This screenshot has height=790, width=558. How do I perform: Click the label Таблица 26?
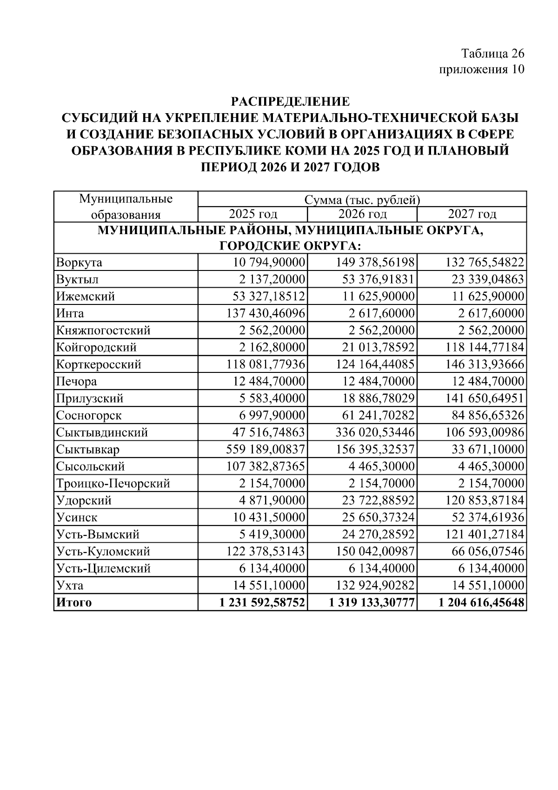pos(493,53)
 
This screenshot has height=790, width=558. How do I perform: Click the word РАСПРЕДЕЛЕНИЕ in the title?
pos(290,101)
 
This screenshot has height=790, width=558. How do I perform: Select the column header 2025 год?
pos(252,214)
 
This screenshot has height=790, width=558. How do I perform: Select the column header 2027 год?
pos(472,214)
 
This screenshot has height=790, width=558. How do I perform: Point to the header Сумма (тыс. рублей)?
pos(362,200)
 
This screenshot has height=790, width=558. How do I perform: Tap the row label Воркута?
pos(79,263)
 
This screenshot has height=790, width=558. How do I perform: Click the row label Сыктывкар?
pos(88,450)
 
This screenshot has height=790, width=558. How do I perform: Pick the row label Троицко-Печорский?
pos(113,484)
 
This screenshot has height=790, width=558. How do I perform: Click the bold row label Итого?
pos(74,603)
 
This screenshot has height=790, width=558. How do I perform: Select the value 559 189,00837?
pos(266,450)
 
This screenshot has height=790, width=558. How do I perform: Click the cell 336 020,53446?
pos(375,432)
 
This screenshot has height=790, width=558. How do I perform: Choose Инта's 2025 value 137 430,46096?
pos(266,314)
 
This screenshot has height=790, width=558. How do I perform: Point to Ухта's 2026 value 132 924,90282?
pos(375,586)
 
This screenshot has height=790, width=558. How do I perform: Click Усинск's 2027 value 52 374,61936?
pos(488,518)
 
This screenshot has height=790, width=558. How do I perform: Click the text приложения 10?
pos(481,70)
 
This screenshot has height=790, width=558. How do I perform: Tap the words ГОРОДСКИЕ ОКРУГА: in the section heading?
pos(290,245)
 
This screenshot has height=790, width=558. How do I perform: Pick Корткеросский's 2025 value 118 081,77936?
pos(266,365)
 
